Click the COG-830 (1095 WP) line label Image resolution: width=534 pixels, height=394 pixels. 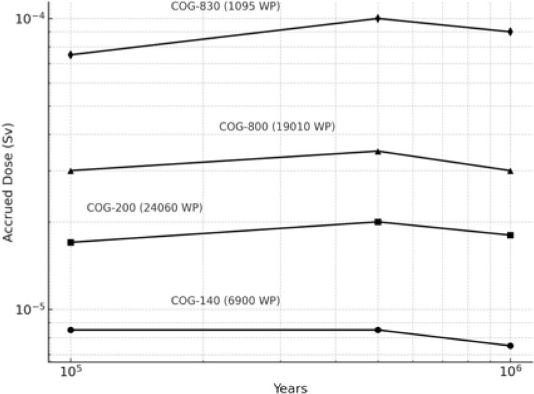tap(226, 6)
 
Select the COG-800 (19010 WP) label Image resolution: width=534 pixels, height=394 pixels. tap(277, 127)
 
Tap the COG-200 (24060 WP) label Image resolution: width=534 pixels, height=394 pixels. tap(144, 207)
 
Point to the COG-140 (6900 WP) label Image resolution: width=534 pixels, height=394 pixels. tap(226, 301)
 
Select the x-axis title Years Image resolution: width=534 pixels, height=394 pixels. tap(290, 388)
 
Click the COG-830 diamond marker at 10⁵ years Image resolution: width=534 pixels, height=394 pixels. tap(71, 55)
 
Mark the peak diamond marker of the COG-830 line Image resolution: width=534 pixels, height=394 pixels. tap(378, 18)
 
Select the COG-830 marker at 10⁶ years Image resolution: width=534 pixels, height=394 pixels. tap(510, 31)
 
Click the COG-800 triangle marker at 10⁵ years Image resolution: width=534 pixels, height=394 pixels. tap(71, 170)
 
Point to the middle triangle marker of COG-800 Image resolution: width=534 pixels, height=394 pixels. tap(378, 151)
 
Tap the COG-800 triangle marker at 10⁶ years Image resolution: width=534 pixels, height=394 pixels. tap(510, 170)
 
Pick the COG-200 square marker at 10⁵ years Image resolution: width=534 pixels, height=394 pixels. tap(71, 242)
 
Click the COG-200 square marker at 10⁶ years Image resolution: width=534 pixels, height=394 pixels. tap(510, 235)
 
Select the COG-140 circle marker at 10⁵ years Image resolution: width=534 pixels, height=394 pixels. tap(71, 329)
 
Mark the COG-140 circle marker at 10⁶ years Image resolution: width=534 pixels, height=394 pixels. tap(510, 346)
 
